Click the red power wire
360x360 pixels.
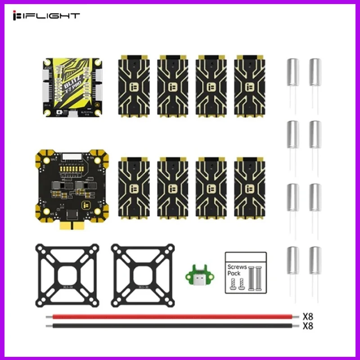coord(171,316)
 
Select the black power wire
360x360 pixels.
coord(171,325)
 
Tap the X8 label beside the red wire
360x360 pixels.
coord(308,316)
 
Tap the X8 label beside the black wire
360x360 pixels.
coord(308,325)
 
